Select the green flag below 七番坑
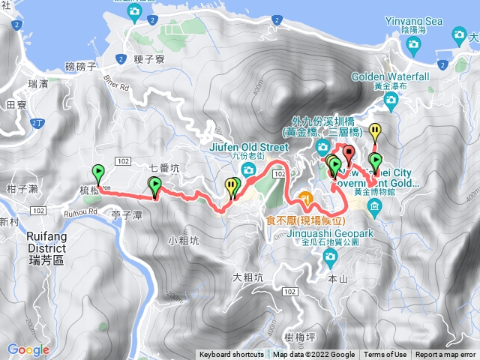tap(154, 186)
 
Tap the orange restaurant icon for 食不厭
tap(305, 197)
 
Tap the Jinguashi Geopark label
tap(327, 233)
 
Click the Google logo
tap(28, 349)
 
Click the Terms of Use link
tap(385, 355)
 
